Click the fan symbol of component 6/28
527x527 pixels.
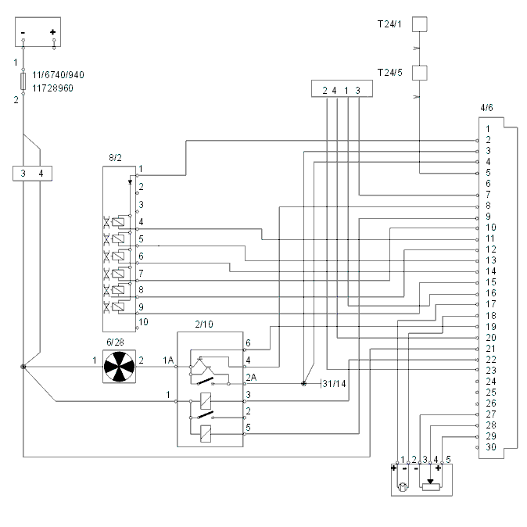tap(119, 367)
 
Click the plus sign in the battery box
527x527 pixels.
tap(52, 32)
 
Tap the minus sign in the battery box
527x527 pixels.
tap(23, 33)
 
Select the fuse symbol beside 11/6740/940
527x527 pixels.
tap(23, 81)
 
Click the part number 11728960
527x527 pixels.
tap(52, 88)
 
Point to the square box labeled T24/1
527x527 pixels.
tap(420, 24)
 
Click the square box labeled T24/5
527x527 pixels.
tap(420, 73)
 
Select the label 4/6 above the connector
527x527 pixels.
tap(486, 108)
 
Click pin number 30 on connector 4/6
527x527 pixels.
tap(491, 447)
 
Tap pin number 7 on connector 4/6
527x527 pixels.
tap(489, 194)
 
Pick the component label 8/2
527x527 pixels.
tap(115, 158)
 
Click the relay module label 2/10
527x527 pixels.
tap(204, 324)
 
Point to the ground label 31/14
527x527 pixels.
tap(335, 384)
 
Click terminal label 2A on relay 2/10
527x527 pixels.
tap(252, 378)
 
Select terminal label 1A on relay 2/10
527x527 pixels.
tap(168, 360)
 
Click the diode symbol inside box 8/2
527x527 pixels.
tap(131, 182)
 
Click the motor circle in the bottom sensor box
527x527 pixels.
tap(403, 486)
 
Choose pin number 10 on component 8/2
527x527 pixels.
tap(144, 322)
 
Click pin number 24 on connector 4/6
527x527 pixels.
tap(491, 382)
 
